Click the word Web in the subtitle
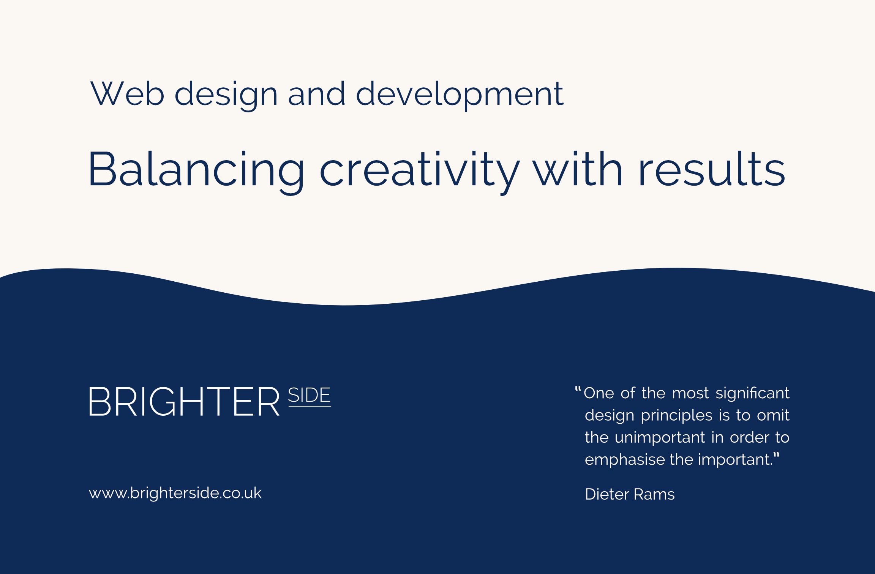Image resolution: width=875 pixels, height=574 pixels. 127,93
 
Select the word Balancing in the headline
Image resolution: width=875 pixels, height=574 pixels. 196,172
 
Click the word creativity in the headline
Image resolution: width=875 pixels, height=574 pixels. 420,172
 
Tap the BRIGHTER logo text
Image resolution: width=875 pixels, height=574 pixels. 184,402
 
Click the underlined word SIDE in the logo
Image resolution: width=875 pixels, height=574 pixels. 309,396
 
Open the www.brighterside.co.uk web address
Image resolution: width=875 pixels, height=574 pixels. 175,493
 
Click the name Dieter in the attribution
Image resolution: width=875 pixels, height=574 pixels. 607,494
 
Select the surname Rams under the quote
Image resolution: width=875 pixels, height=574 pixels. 654,494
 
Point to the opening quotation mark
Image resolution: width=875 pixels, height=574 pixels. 578,389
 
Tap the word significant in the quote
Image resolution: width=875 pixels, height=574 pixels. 752,393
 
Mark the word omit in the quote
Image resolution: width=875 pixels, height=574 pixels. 773,415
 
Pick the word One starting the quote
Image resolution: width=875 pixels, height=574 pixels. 599,393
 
